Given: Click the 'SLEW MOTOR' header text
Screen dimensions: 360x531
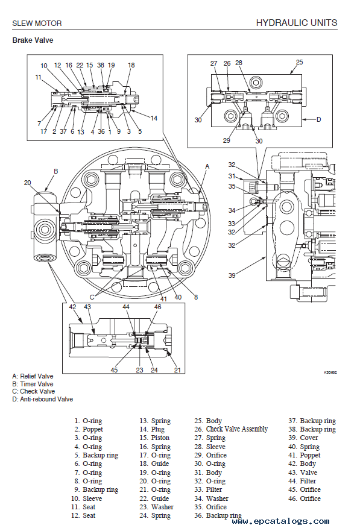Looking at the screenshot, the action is click(x=37, y=24).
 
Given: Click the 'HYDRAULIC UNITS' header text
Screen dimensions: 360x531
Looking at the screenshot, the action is click(x=297, y=23).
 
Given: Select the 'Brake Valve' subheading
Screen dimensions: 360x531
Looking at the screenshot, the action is click(x=33, y=40).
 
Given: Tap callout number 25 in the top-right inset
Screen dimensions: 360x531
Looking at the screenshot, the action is click(x=299, y=62).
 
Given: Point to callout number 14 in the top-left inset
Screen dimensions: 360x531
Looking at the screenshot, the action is click(x=154, y=118).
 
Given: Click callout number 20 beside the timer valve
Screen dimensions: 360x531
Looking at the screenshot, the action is click(x=27, y=183).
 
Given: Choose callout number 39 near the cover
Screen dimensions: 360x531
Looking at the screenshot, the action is click(x=232, y=275).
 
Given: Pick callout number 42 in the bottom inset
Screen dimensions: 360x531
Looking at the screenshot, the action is click(x=73, y=307).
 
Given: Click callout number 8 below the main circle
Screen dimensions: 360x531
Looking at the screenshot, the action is click(x=196, y=297).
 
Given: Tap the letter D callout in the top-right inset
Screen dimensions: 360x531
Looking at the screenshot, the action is click(x=318, y=119).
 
